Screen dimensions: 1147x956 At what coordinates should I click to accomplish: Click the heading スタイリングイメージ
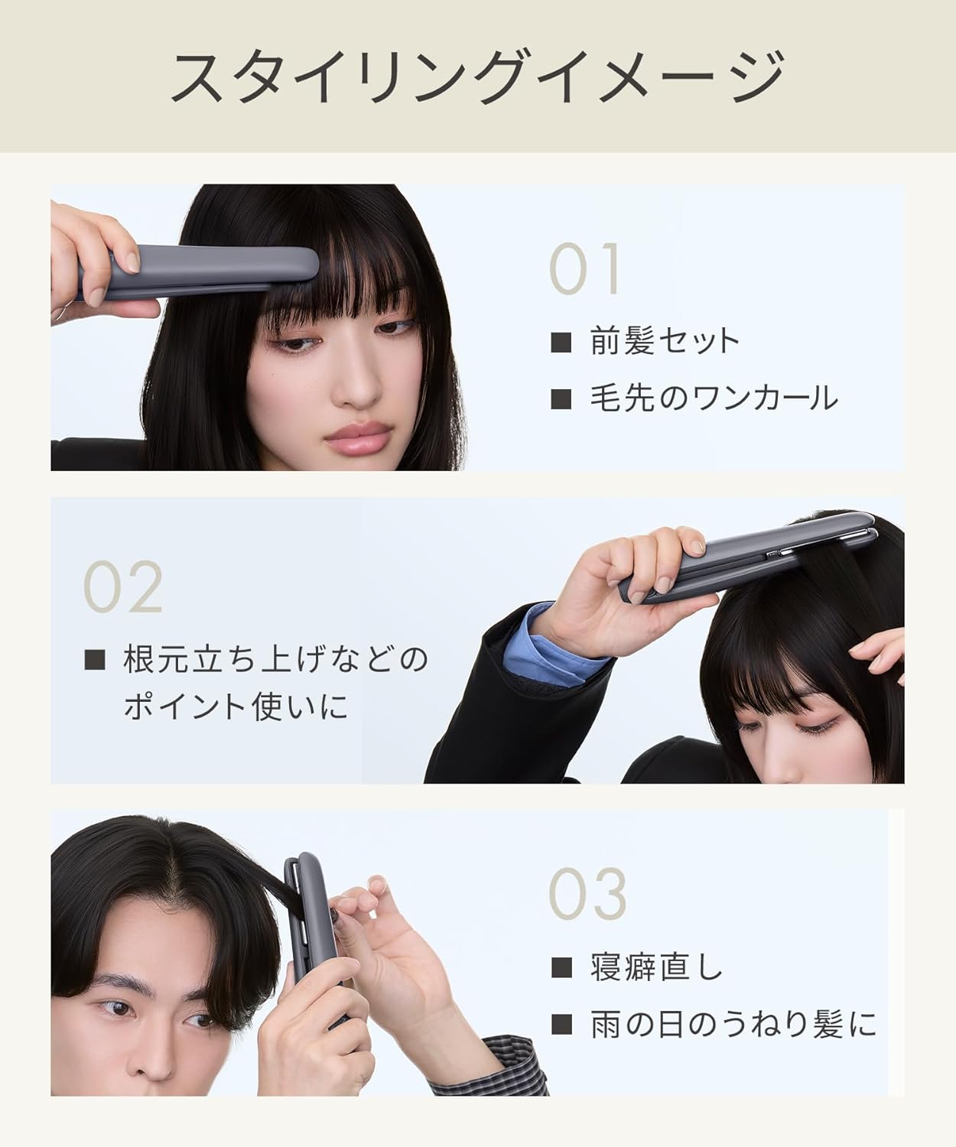[x=477, y=76]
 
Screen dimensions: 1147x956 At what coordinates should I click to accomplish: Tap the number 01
[x=585, y=269]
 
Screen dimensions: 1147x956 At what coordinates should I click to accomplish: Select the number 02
[x=123, y=586]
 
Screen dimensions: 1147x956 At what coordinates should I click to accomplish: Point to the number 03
[x=587, y=893]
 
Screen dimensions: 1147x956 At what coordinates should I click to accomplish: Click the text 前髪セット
[x=664, y=341]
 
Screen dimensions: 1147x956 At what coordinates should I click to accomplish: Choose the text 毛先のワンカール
[x=713, y=398]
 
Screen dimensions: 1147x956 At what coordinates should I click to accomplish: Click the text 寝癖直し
[x=656, y=968]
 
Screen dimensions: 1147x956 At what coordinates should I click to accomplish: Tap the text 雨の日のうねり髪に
[x=733, y=1025]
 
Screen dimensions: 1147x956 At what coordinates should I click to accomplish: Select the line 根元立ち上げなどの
[x=275, y=659]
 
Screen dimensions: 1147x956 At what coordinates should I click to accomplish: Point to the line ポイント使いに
[x=236, y=706]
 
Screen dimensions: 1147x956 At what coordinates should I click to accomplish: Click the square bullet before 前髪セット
[x=561, y=342]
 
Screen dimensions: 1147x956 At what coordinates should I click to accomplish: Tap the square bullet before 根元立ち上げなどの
[x=95, y=659]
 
